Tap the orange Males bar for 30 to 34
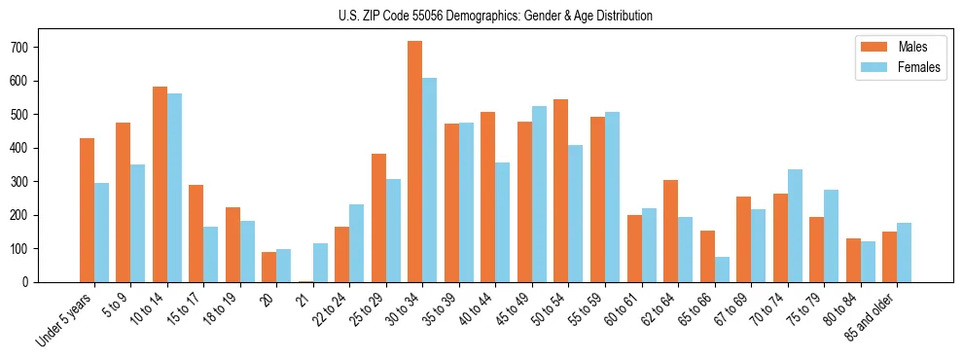pos(415,162)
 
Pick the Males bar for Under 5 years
pos(87,210)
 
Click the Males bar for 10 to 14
pos(160,185)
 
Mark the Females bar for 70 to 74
pos(795,226)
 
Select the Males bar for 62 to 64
pos(670,231)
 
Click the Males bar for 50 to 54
pos(561,191)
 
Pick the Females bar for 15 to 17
pos(211,254)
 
